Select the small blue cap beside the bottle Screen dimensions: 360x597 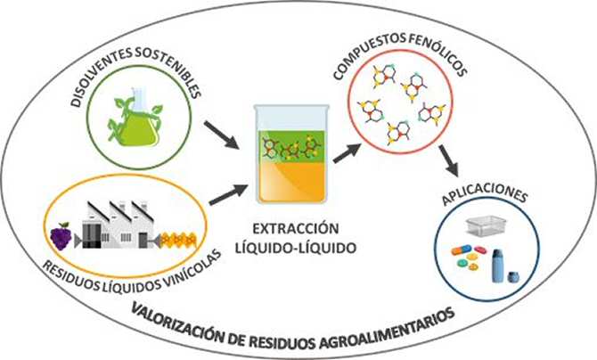(x=514, y=277)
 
